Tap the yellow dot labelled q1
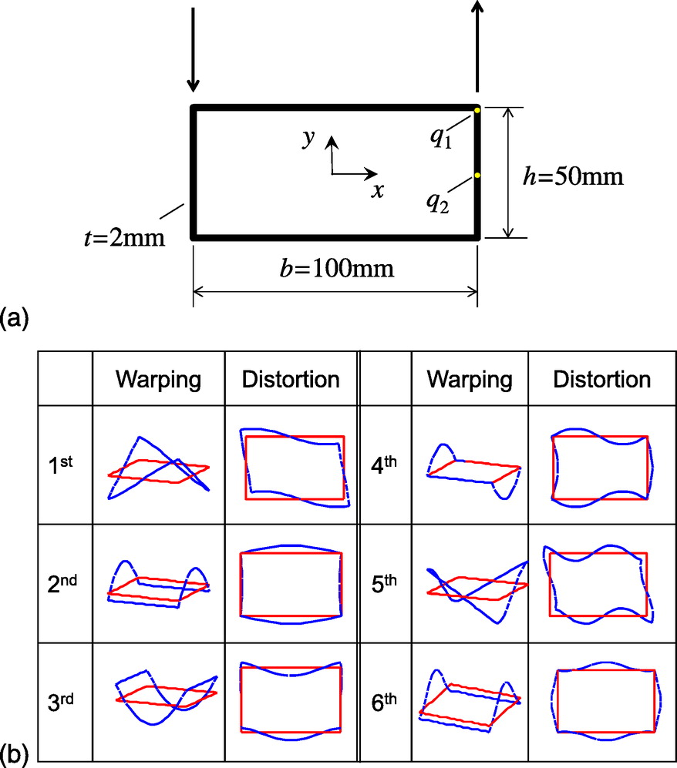[477, 110]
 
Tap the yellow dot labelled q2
[477, 176]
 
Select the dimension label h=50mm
[573, 177]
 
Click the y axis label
[308, 138]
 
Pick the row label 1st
[59, 466]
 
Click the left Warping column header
[158, 379]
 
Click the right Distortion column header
[601, 379]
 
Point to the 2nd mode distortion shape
[291, 584]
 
